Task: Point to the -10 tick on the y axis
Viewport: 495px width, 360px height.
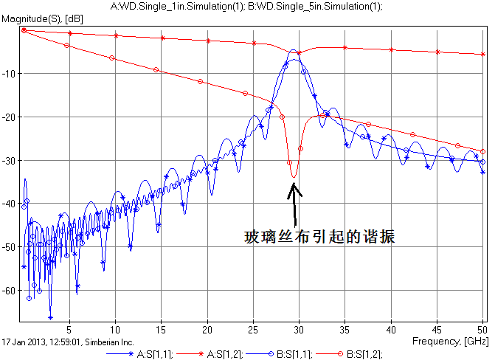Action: (x=10, y=74)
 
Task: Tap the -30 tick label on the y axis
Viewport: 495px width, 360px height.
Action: (x=10, y=160)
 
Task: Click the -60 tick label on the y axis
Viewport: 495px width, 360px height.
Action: (x=10, y=291)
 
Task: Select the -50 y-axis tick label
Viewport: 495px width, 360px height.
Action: (x=10, y=247)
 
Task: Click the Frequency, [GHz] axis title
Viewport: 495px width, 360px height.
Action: (x=450, y=342)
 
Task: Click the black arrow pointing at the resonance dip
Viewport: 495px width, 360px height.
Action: (x=294, y=203)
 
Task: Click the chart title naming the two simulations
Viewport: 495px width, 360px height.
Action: (x=246, y=6)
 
